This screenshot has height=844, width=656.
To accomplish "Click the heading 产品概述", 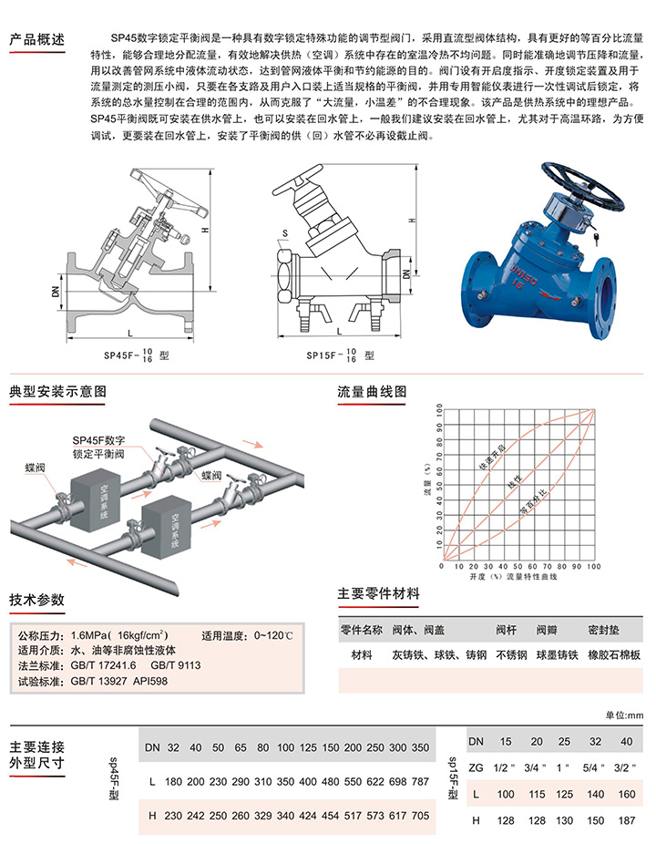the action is (x=37, y=39).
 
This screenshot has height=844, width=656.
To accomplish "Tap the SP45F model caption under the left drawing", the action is (x=136, y=355).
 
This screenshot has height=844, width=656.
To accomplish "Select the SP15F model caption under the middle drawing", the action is (x=340, y=355).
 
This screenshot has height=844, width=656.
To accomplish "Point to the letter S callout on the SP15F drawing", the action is (x=284, y=233).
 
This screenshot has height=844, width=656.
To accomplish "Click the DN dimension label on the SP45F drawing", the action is (x=55, y=291).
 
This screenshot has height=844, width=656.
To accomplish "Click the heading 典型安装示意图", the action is (x=57, y=391).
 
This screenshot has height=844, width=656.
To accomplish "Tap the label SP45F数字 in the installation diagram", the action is (x=98, y=440).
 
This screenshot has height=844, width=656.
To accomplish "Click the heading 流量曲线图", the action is (x=372, y=391).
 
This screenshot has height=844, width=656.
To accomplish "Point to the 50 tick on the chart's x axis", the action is (x=518, y=566).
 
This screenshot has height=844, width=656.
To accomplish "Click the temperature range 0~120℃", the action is (x=273, y=635).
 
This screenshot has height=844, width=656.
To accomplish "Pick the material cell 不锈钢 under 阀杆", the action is (x=511, y=654).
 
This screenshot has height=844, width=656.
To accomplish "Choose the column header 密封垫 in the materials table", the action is (x=603, y=629).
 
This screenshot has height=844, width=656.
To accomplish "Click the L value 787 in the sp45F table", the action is (x=420, y=781).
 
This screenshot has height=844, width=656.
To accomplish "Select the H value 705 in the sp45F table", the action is (x=420, y=816).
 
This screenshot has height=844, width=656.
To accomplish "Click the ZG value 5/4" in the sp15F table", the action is (x=594, y=767).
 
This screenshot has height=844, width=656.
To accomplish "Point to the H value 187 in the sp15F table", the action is (x=627, y=820).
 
